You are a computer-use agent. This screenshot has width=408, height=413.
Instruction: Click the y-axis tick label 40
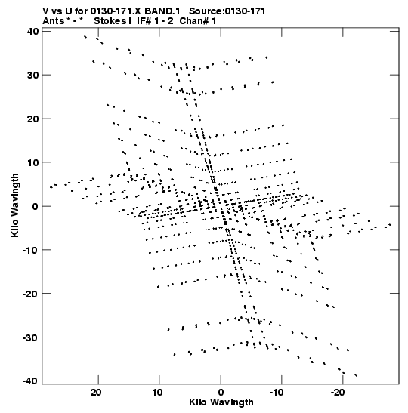click(32, 32)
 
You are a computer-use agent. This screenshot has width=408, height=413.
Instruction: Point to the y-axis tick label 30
click(32, 75)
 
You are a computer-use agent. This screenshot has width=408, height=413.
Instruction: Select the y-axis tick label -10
click(30, 250)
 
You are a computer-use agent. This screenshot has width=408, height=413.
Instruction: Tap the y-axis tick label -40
click(30, 381)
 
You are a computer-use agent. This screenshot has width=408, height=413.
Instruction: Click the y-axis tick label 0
click(36, 206)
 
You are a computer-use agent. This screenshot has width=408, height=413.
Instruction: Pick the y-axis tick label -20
click(30, 294)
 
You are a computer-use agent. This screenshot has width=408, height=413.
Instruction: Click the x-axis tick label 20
click(96, 393)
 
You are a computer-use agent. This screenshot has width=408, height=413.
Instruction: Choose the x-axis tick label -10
click(277, 393)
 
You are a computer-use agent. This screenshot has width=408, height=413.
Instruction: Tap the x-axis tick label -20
click(338, 393)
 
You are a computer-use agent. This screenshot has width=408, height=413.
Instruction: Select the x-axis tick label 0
click(221, 393)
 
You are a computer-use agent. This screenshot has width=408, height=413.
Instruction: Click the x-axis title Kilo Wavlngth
click(221, 402)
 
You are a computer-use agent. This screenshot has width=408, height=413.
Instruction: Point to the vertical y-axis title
click(15, 205)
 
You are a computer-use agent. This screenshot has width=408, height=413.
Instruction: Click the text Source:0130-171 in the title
click(227, 11)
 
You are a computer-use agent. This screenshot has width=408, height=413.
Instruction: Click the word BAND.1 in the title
click(162, 11)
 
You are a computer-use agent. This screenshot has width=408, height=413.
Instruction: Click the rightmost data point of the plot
click(391, 225)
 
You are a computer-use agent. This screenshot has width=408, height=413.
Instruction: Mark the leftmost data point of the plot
click(51, 187)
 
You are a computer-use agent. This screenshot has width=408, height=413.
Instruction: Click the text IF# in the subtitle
click(144, 21)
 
